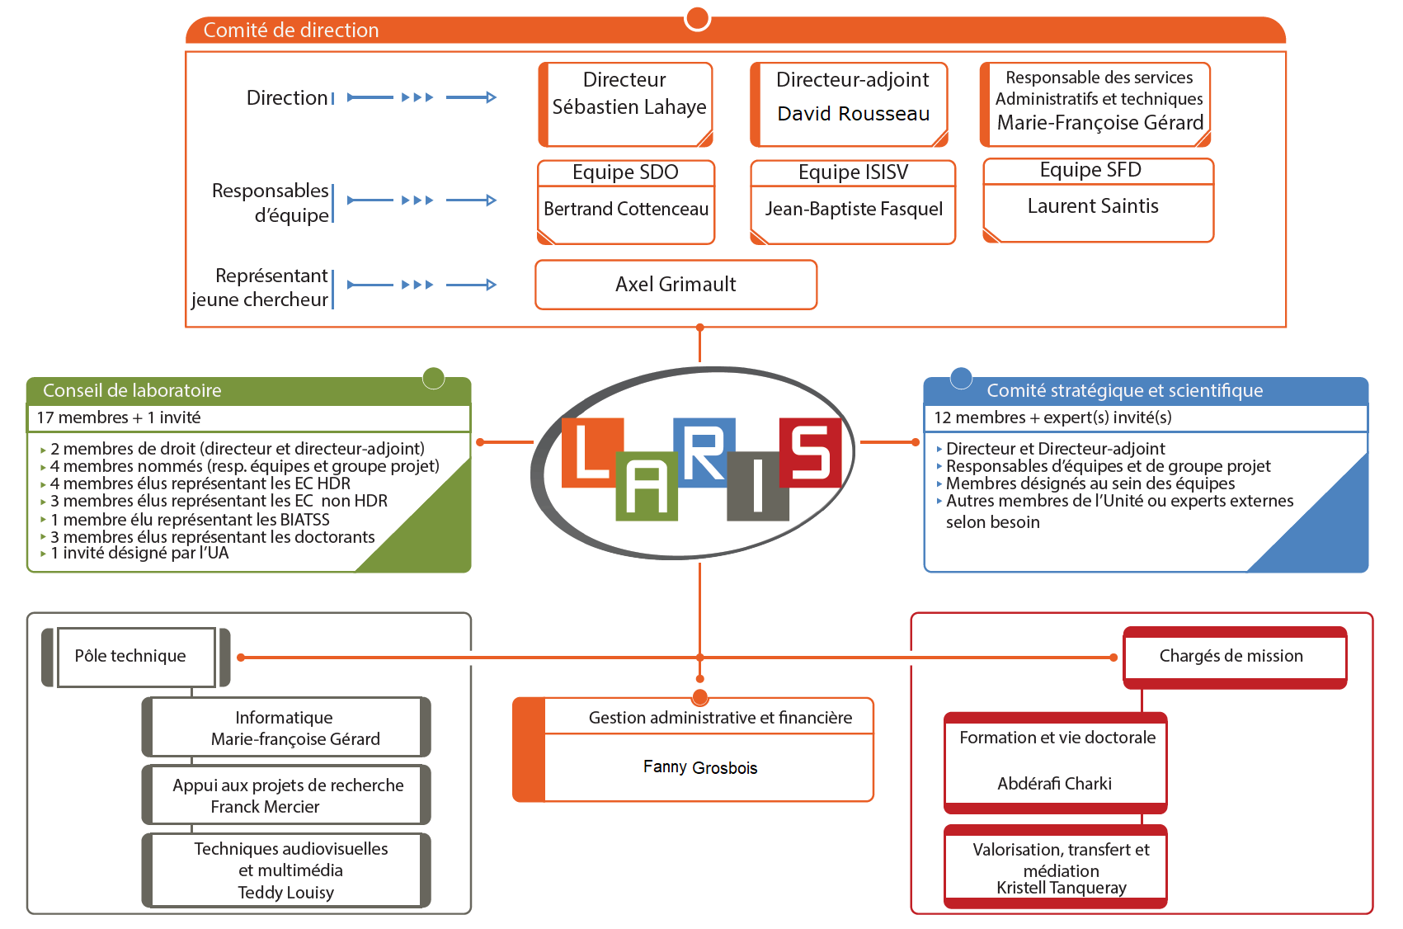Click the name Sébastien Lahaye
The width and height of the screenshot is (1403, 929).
(x=629, y=107)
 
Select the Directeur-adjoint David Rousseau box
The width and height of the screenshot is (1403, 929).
(x=852, y=104)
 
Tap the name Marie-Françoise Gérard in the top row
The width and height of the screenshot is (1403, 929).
(x=1099, y=123)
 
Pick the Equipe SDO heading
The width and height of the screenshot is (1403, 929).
(x=625, y=172)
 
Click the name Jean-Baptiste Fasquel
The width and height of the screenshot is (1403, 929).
(x=853, y=210)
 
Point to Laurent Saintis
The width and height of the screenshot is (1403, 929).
(x=1093, y=206)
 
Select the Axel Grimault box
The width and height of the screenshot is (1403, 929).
(x=676, y=285)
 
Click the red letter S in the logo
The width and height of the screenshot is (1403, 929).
(x=810, y=452)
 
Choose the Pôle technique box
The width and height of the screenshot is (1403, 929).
(x=130, y=657)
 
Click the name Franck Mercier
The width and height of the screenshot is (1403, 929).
(x=265, y=807)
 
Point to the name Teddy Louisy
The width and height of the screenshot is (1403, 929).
(x=285, y=893)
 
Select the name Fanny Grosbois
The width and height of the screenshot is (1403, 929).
(x=700, y=768)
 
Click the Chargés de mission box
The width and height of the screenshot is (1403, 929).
(x=1231, y=657)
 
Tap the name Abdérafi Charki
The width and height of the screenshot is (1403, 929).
(x=1054, y=784)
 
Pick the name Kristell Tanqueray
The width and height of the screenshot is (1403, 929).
(x=1061, y=888)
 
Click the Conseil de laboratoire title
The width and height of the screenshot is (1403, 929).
(x=132, y=391)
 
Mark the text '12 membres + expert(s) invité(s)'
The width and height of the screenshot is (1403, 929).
(x=1052, y=417)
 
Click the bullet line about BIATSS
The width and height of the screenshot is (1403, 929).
(x=190, y=520)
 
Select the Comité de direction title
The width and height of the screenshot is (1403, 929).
(x=291, y=31)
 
